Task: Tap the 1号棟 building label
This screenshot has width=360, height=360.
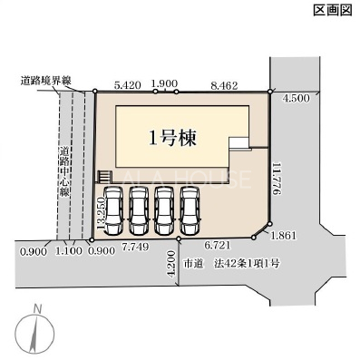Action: (172, 138)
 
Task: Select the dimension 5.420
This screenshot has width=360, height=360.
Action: (128, 85)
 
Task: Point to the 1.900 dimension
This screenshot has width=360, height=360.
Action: (164, 83)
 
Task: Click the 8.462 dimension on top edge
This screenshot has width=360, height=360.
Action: (224, 85)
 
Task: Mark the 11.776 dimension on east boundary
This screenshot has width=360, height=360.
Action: (277, 180)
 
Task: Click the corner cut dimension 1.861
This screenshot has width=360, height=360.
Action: (284, 235)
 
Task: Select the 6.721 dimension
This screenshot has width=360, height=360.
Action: (218, 245)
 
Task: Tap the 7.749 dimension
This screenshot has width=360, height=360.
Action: (135, 247)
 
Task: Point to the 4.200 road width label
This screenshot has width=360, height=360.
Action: (171, 264)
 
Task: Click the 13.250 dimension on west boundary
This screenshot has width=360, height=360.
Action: (101, 213)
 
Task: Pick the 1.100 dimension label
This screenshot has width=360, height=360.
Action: (69, 251)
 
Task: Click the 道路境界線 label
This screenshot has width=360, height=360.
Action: (45, 81)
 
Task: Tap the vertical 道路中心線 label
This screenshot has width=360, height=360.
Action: (64, 172)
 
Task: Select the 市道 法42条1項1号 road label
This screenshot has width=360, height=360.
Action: (232, 264)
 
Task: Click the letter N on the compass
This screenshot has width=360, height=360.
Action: (38, 309)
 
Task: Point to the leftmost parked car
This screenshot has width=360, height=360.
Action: (113, 210)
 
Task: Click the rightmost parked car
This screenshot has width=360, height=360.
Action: (190, 210)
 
